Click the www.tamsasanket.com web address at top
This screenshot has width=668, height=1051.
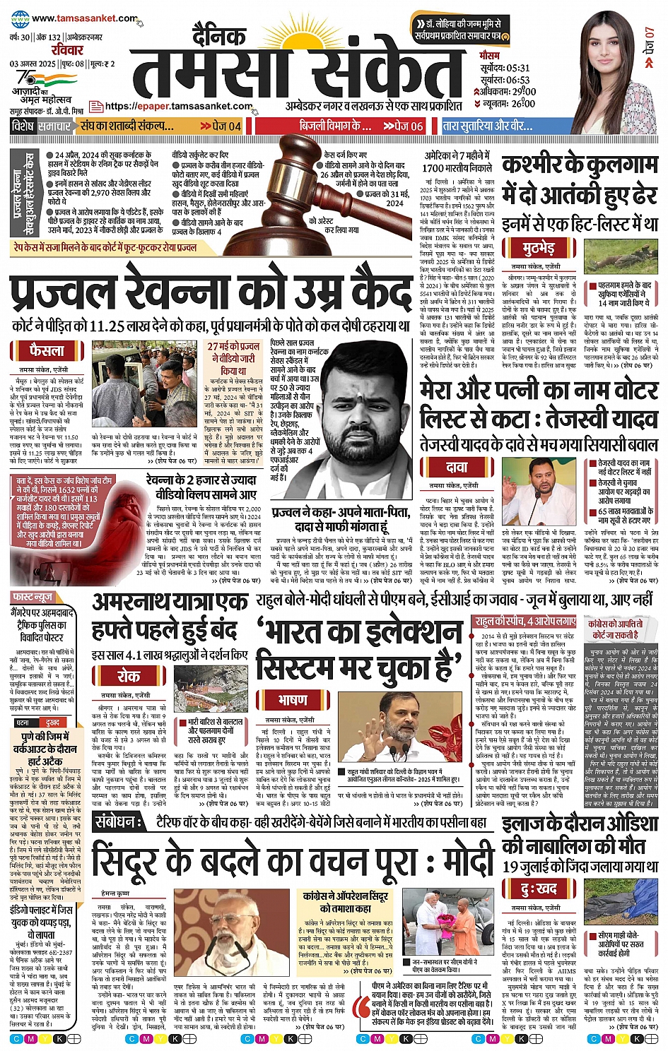click(x=84, y=19)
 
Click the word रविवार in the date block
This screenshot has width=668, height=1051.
click(x=67, y=50)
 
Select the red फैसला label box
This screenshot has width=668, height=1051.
click(x=47, y=350)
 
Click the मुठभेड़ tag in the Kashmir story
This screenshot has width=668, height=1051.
click(x=539, y=249)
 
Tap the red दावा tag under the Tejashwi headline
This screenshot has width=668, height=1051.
click(x=456, y=467)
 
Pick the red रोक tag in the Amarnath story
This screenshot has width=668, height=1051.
click(x=128, y=676)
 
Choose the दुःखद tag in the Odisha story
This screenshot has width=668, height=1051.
click(x=539, y=889)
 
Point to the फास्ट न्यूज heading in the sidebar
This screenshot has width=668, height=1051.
click(x=33, y=598)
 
